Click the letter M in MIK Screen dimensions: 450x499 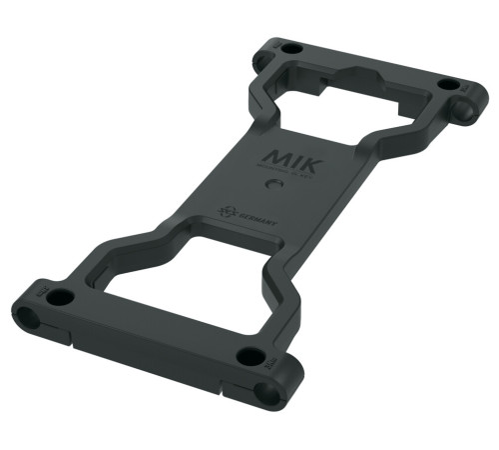276,158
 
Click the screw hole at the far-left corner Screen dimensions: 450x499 289,47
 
